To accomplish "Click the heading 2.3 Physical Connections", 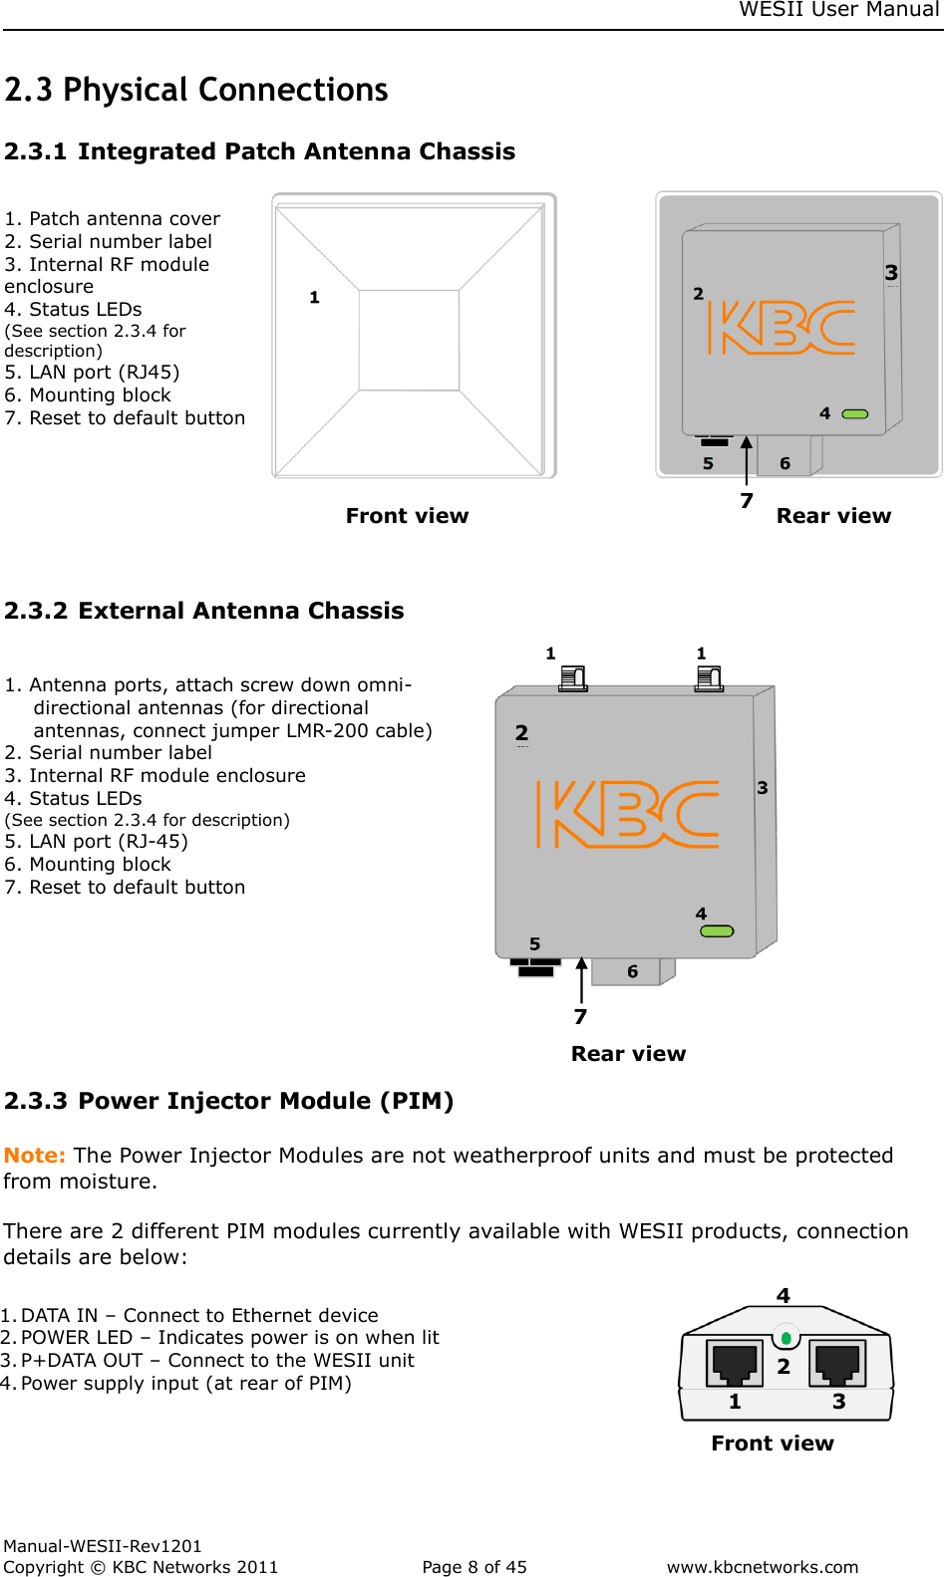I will click(195, 90).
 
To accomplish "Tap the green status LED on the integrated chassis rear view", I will click(855, 413).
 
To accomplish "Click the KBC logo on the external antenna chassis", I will click(628, 814).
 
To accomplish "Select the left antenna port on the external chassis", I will click(573, 678).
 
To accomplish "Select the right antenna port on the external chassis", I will click(709, 678).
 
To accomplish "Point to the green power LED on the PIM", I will click(787, 1338).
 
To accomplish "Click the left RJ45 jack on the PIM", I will click(735, 1363).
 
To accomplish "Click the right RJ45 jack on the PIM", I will click(837, 1363).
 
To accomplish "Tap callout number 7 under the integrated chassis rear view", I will click(747, 500).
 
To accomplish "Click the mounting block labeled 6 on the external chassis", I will click(632, 971).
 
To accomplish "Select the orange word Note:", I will click(35, 1156).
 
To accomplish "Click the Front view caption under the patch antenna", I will click(407, 516).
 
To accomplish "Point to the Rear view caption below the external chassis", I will click(628, 1054).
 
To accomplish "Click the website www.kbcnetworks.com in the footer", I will click(763, 1567).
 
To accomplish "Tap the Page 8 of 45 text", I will click(474, 1567).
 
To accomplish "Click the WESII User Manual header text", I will click(839, 10).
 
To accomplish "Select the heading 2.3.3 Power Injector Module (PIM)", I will click(228, 1101).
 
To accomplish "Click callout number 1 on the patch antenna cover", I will click(314, 297).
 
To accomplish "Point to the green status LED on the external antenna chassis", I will click(717, 931).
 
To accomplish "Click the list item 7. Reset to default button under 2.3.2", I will click(125, 888).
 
